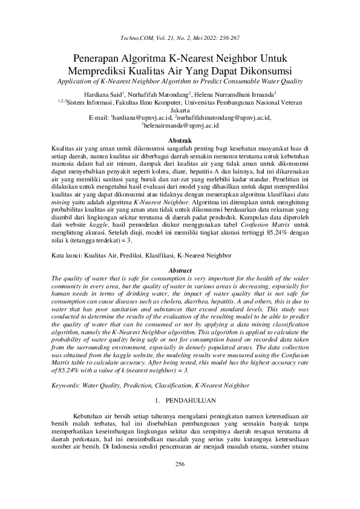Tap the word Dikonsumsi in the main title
tap(263, 70)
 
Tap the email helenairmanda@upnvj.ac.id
tap(181, 125)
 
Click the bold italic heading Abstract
tap(179, 269)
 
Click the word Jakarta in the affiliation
tap(180, 111)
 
